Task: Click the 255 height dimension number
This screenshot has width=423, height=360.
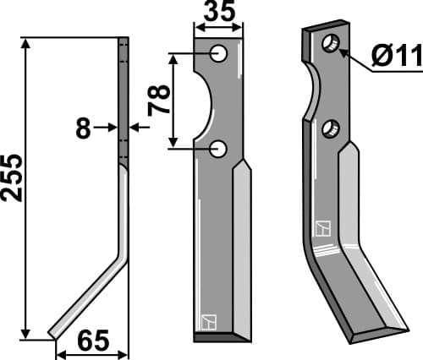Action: click(x=12, y=178)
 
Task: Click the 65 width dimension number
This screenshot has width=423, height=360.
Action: click(x=93, y=341)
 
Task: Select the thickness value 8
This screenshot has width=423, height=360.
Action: click(x=83, y=128)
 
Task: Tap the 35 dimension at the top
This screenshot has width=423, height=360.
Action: click(x=219, y=11)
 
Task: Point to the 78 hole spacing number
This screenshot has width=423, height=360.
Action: click(x=159, y=101)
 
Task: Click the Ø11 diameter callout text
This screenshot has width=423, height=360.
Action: click(x=397, y=56)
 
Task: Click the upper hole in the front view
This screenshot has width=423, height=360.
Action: click(x=219, y=53)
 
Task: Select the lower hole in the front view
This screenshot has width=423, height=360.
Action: click(x=218, y=149)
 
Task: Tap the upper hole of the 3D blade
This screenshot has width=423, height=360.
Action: click(x=331, y=43)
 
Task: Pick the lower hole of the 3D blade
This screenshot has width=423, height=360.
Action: click(x=331, y=128)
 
